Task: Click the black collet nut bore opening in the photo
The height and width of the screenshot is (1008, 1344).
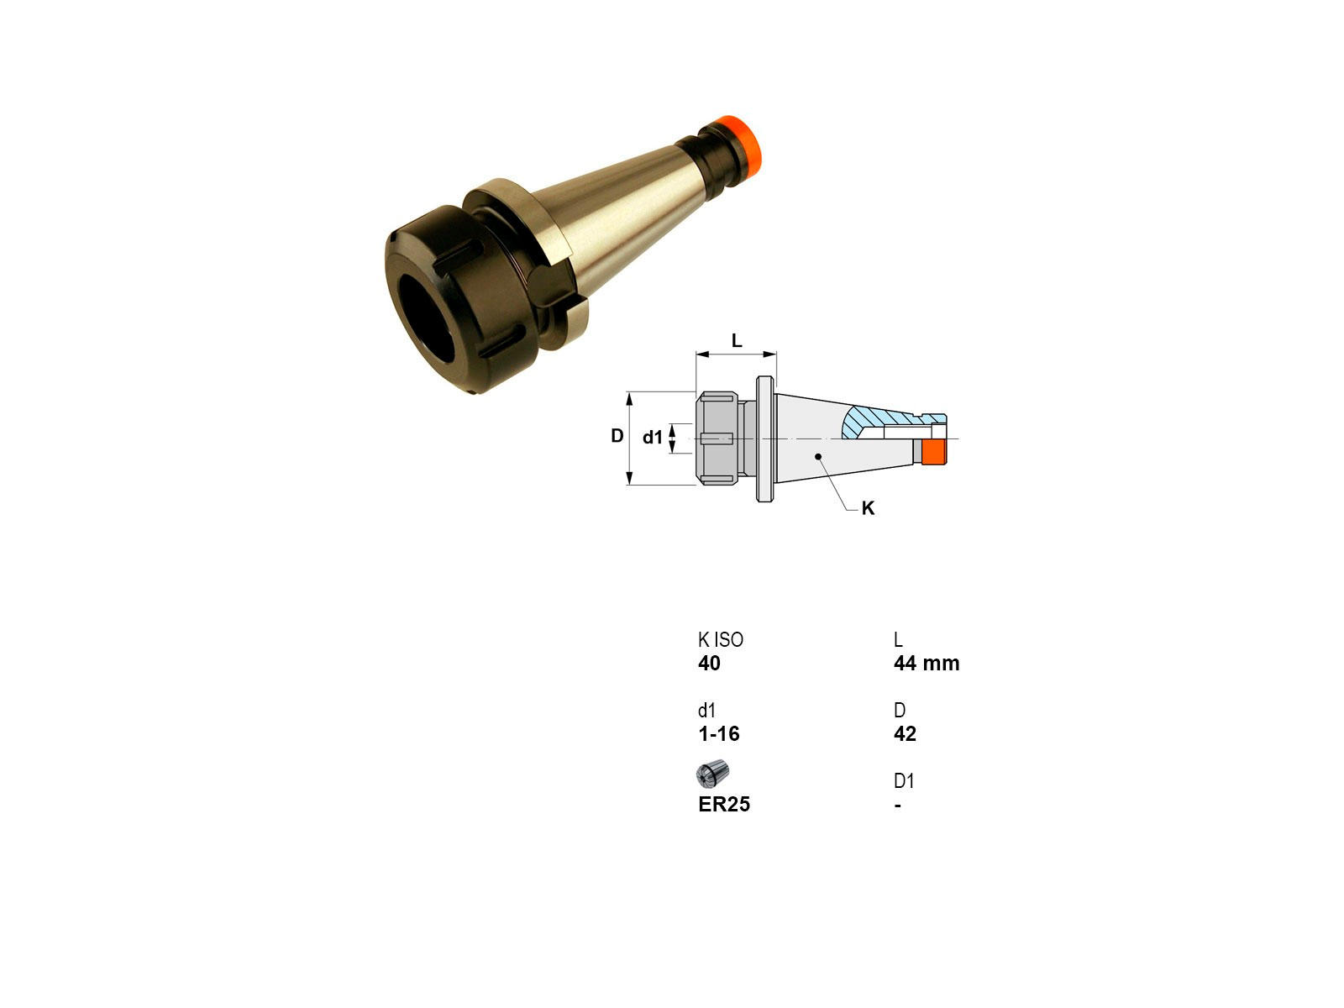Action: [427, 318]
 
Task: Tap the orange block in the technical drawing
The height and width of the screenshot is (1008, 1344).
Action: [933, 452]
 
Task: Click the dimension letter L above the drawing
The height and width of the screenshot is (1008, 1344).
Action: [737, 340]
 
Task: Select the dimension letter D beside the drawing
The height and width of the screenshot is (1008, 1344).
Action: [617, 436]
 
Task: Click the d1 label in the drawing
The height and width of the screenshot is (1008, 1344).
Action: [652, 437]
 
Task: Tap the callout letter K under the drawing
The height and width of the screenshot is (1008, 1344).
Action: [868, 508]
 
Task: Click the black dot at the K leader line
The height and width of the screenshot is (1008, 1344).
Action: [818, 457]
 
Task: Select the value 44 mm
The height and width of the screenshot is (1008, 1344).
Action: [927, 663]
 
